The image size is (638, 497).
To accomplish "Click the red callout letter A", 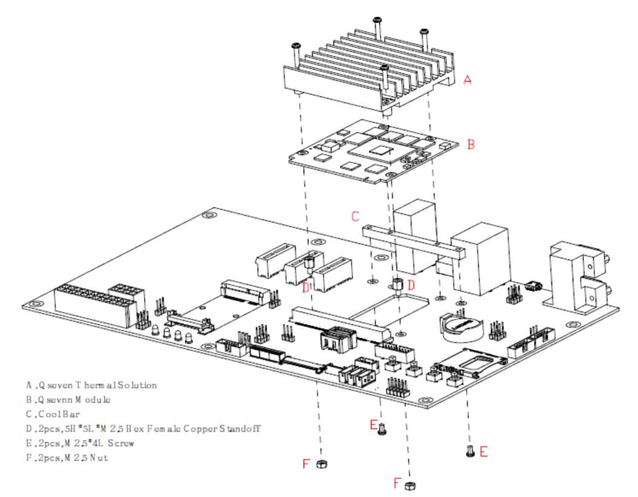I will [467, 79].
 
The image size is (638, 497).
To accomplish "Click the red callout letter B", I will [471, 145].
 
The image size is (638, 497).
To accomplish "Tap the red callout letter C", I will [356, 216].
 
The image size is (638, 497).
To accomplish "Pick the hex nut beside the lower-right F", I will [410, 485].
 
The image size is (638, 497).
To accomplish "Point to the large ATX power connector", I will [92, 305].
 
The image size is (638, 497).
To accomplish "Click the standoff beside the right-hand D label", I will [399, 285].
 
